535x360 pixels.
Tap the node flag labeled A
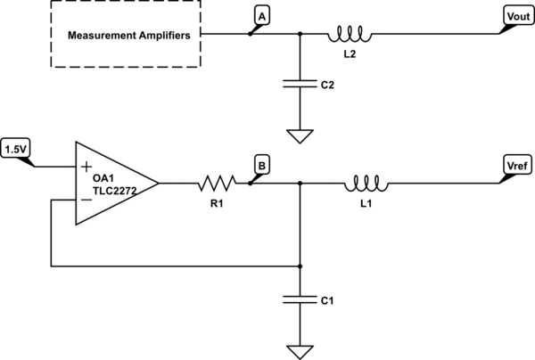point(261,16)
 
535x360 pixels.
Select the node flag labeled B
point(261,165)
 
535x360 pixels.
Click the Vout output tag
point(517,16)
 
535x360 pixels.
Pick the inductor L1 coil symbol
point(363,184)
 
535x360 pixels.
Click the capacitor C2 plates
point(300,86)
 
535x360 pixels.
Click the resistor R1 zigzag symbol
point(216,184)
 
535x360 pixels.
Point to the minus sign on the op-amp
point(86,200)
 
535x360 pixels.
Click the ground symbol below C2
point(300,137)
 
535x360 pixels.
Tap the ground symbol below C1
point(300,349)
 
